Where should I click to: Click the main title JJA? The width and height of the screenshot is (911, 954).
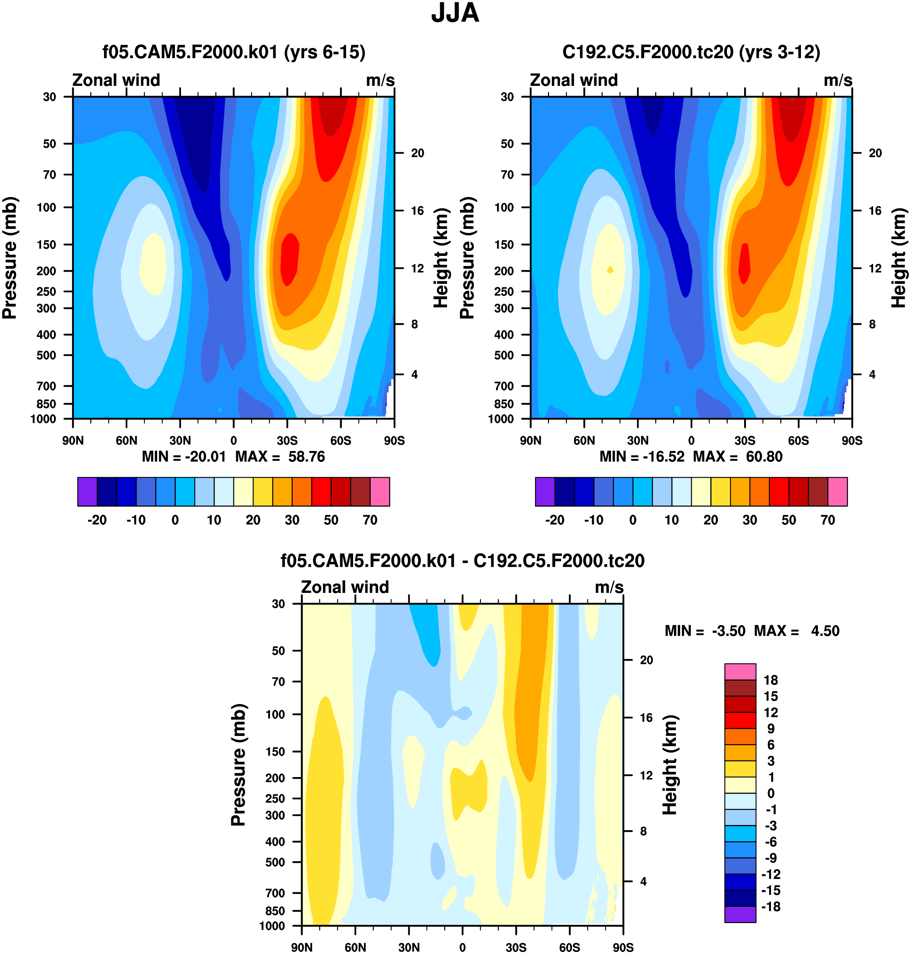[x=455, y=13]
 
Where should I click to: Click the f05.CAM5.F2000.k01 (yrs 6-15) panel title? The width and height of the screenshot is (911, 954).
[x=233, y=52]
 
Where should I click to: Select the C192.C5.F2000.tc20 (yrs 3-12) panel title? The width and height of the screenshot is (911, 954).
[x=691, y=52]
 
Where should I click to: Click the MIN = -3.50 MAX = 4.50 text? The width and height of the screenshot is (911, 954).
[x=752, y=631]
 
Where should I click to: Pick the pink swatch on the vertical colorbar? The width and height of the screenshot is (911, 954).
[x=740, y=672]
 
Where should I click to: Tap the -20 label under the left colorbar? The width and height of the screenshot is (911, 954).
[x=97, y=520]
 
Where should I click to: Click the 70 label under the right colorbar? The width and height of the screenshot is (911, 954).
[x=828, y=520]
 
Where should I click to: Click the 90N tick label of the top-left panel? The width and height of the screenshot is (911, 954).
[x=73, y=441]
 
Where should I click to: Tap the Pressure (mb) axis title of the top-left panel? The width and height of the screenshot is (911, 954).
[x=10, y=258]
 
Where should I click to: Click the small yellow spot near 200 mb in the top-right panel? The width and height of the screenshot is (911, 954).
[x=610, y=270]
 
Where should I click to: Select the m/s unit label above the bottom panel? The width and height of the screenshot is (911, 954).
[x=609, y=588]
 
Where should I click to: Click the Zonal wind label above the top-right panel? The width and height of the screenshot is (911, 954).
[x=574, y=80]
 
